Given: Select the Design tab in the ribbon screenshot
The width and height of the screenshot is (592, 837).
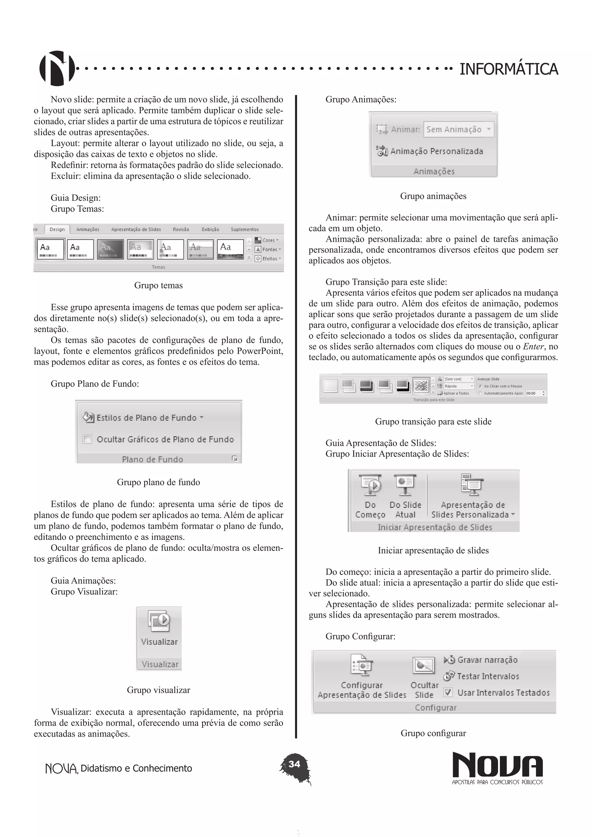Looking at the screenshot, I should pos(57,229).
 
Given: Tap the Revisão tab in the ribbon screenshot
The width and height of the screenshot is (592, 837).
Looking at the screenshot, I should pos(181,229).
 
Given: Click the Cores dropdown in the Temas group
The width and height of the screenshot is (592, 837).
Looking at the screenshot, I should pos(268,240).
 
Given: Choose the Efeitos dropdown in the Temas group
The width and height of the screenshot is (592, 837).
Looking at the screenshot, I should pos(268,258).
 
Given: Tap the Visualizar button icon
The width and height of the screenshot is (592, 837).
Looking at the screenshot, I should pos(159,622).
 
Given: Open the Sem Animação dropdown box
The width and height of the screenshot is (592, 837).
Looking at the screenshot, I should pos(458,129).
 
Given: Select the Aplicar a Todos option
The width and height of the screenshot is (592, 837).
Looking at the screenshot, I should pos(456,393).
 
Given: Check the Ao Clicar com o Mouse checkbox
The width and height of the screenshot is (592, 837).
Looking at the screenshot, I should pos(480,386).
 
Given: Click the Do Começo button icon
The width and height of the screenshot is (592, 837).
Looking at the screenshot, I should pos(370,485).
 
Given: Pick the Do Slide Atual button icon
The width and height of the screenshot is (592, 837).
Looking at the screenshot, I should pos(405,485).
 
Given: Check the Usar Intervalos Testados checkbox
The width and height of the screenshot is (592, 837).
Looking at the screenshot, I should pos(448,692).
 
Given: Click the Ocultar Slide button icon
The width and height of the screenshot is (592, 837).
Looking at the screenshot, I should pos(423,666).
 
